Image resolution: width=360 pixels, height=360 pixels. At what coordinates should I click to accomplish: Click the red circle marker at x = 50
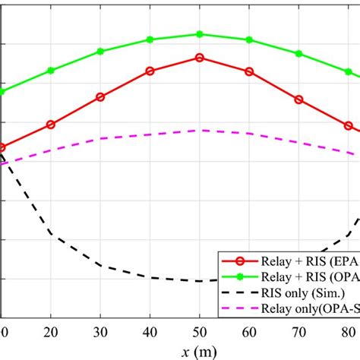(x=200, y=57)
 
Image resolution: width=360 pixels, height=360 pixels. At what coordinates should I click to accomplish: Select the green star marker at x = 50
(x=200, y=34)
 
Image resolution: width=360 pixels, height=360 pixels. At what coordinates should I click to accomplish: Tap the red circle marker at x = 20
(x=51, y=124)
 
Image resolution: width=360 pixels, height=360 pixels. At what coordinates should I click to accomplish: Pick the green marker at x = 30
(x=100, y=52)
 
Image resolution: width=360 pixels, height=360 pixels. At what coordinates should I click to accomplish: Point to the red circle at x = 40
(x=150, y=71)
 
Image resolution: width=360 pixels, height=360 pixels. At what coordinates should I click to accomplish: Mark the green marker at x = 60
(x=249, y=39)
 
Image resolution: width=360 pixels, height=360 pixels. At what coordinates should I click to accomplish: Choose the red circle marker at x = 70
(x=298, y=99)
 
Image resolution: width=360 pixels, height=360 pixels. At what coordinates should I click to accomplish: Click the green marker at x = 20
(x=51, y=71)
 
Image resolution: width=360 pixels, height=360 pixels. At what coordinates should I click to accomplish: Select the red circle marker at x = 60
(x=249, y=71)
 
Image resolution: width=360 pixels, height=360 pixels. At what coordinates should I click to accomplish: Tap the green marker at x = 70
(x=298, y=54)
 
